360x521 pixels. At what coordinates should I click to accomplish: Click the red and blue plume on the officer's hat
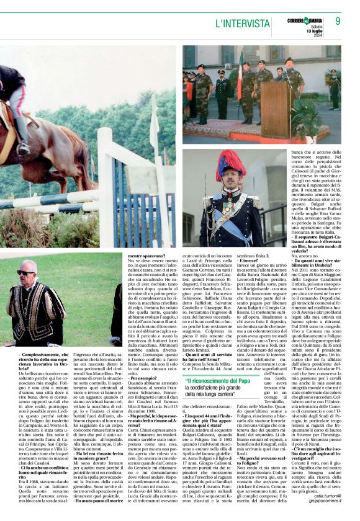pyautogui.click(x=230, y=162)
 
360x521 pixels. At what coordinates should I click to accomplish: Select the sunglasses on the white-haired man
pyautogui.click(x=26, y=272)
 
